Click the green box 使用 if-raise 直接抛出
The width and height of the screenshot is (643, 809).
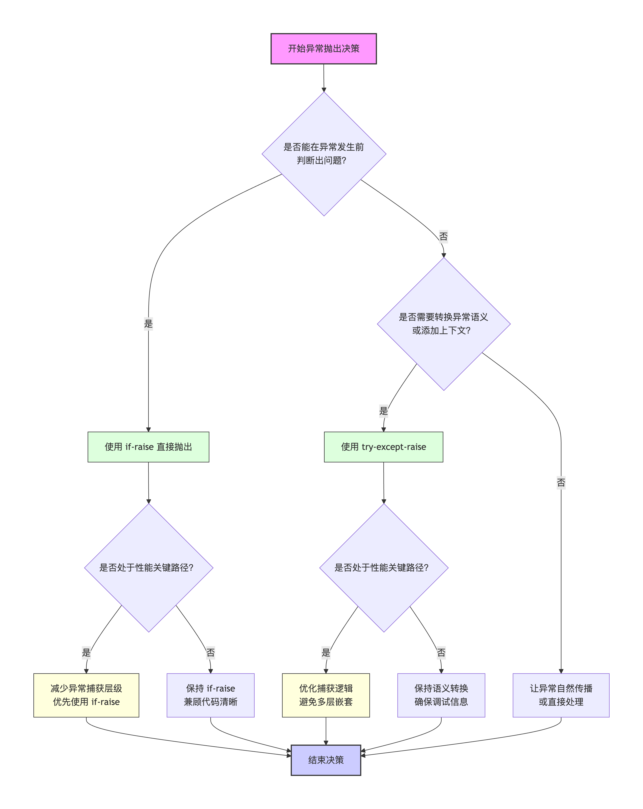tap(148, 447)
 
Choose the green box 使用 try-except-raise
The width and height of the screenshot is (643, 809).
tap(384, 447)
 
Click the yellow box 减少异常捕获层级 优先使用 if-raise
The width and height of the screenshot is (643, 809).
tap(86, 695)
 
